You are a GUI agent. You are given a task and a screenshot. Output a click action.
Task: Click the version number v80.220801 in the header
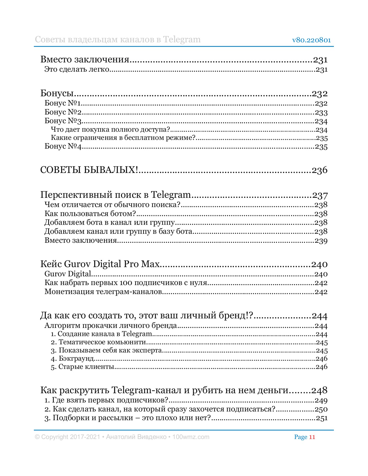(x=311, y=40)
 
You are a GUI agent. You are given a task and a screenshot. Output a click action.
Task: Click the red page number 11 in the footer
(x=312, y=437)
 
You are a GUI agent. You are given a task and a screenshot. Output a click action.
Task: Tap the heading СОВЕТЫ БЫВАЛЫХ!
(x=89, y=170)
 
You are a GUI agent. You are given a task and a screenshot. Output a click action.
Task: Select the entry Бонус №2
(x=63, y=112)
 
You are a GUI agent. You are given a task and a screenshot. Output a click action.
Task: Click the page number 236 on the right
(x=320, y=170)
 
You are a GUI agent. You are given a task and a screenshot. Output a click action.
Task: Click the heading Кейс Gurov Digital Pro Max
(x=100, y=264)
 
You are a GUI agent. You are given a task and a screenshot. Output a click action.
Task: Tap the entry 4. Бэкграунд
(x=72, y=359)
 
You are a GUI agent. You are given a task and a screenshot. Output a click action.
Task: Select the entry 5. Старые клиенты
(x=82, y=367)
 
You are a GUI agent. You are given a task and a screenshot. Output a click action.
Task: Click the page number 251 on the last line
(x=321, y=418)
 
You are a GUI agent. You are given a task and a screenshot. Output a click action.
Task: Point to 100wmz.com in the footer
(x=191, y=437)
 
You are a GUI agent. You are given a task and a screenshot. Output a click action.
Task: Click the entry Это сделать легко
(x=77, y=70)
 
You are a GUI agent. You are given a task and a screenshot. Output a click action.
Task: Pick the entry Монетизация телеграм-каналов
(x=103, y=292)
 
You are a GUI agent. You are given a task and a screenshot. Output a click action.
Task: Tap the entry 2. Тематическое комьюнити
(x=98, y=342)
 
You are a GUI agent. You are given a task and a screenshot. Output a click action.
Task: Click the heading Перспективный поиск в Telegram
(x=115, y=195)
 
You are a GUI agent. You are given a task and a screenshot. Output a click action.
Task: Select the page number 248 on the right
(x=319, y=390)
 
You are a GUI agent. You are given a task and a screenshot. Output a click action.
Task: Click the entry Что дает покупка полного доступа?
(x=110, y=130)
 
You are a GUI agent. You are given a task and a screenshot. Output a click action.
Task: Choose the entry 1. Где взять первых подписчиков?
(x=107, y=400)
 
